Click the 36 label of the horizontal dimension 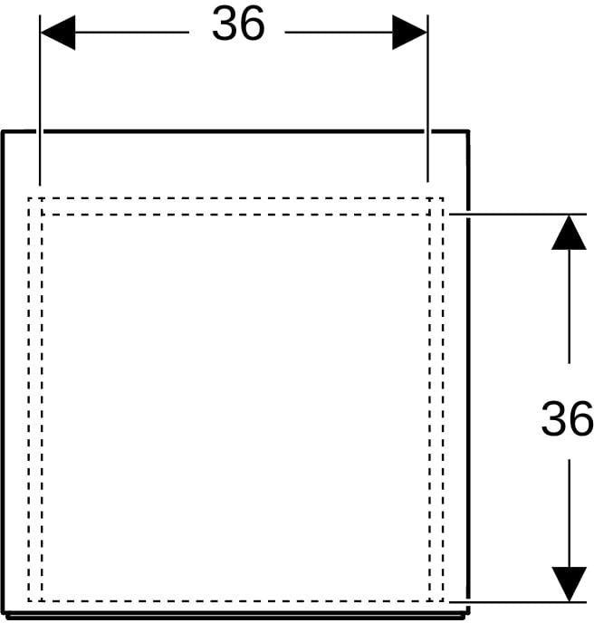coord(238,24)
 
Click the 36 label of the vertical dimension coord(567,418)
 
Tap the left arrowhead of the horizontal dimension coord(58,33)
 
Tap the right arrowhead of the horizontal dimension coord(409,33)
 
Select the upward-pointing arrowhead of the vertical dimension coord(569,233)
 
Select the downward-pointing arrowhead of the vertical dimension coord(569,584)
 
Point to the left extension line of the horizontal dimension coord(40,101)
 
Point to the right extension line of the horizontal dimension coord(427,99)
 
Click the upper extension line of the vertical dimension coord(518,214)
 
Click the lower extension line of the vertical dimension coord(518,602)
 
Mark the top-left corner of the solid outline coord(3,131)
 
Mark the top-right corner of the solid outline coord(467,131)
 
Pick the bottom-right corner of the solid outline coord(468,613)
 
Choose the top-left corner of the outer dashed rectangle coord(29,198)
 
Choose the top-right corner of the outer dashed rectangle coord(443,198)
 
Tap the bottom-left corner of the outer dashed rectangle coord(29,601)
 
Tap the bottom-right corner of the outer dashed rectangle coord(443,601)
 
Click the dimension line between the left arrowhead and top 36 coord(132,33)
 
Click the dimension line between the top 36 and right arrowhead coord(339,33)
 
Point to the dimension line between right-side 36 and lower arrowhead coord(569,513)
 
